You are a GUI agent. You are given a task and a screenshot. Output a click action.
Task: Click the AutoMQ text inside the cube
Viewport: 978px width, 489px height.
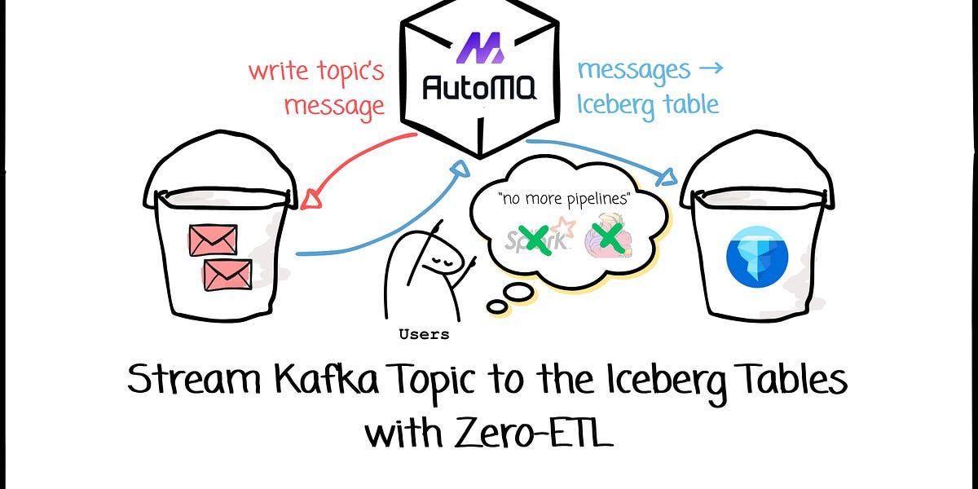tap(480, 86)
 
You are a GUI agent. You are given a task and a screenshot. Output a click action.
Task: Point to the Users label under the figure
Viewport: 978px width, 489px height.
tap(424, 334)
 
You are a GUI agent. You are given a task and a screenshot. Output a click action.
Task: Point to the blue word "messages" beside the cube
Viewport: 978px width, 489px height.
tap(633, 70)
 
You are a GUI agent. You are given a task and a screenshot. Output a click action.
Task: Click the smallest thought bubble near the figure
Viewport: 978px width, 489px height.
tap(496, 306)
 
